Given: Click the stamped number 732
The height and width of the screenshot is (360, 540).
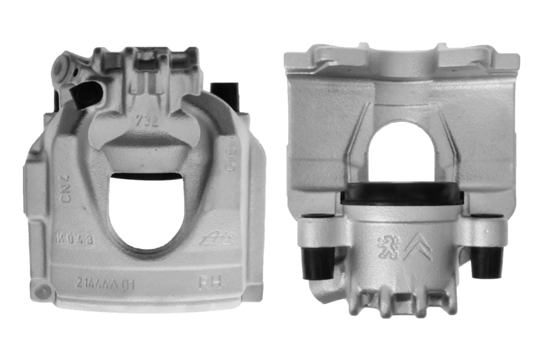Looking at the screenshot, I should pyautogui.click(x=147, y=122).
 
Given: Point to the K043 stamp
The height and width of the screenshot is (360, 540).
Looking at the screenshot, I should pyautogui.click(x=74, y=239).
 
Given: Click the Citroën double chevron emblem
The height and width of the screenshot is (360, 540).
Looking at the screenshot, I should pyautogui.click(x=417, y=246).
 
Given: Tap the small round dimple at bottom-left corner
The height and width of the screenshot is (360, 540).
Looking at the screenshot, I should pyautogui.click(x=41, y=290).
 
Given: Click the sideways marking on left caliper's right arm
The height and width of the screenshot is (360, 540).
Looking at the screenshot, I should pyautogui.click(x=230, y=163).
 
